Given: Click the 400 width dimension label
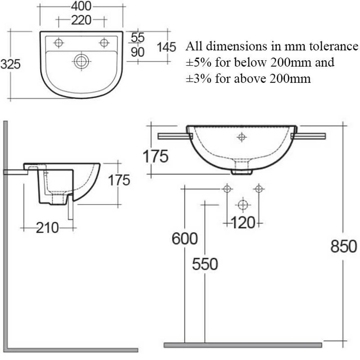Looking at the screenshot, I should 81,6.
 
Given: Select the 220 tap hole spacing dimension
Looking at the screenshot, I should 81,21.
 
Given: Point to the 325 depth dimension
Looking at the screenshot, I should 10,64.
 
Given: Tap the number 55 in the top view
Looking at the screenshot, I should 138,37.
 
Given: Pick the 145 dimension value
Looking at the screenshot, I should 166,47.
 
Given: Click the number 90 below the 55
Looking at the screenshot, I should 138,52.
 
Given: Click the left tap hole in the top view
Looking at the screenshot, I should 58,43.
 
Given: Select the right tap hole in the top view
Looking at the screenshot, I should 104,43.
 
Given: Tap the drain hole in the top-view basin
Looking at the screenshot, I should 81,61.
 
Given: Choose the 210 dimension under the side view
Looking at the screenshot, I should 47,228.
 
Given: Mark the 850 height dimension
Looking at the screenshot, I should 343,247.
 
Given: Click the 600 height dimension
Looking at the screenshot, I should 185,239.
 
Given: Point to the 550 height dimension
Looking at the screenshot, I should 205,264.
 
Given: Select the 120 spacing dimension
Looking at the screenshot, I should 243,223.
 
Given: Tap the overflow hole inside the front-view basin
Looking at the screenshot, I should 242,137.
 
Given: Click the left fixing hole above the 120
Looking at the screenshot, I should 227,188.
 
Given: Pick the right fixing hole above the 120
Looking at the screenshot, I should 259,188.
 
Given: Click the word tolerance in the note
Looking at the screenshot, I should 331,46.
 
